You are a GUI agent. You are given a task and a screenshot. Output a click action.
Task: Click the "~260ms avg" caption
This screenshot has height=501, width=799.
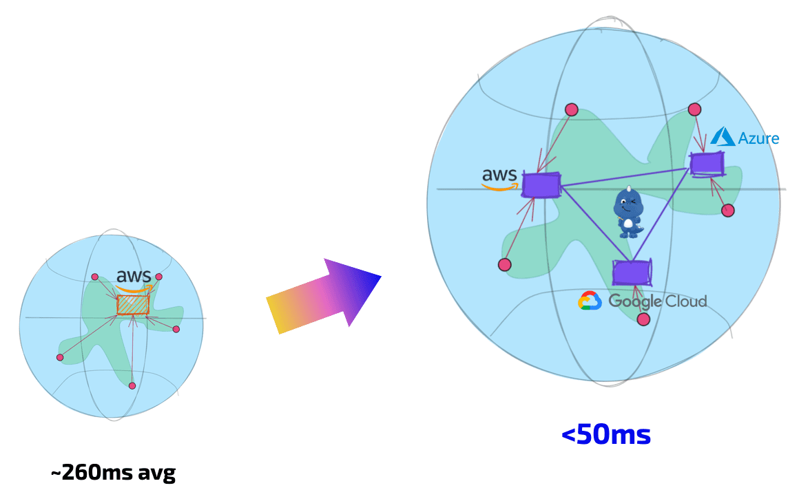coord(113,473)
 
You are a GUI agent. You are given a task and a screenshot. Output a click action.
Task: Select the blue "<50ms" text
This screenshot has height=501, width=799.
coord(606,435)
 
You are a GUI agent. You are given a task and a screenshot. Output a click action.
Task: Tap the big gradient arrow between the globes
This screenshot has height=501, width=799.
coord(322,296)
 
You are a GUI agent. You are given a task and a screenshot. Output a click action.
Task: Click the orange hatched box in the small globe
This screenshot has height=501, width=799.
coord(133,304)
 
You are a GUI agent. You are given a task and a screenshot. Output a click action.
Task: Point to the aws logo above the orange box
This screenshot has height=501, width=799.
coord(134,277)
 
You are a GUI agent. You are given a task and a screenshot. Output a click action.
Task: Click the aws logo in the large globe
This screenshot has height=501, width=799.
coord(501,178)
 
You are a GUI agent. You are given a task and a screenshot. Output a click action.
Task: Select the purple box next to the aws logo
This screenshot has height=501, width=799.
coord(541,185)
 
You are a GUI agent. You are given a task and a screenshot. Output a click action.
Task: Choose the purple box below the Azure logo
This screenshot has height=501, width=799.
coord(707,164)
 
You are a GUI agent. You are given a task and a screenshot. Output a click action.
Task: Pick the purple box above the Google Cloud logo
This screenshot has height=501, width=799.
coord(632,272)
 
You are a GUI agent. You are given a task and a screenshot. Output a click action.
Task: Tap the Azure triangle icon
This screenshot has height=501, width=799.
coord(723,136)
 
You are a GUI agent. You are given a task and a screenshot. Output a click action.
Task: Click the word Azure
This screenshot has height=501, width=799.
coord(758,138)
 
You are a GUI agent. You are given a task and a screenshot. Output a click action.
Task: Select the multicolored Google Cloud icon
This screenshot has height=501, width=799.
coord(590,301)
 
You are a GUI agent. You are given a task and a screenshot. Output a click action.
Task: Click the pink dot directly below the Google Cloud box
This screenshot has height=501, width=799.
coord(643,319)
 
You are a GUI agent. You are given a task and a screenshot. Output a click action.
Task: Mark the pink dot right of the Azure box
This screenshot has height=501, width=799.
coord(728,211)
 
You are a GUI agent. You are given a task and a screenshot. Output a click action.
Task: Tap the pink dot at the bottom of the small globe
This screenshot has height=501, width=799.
coord(132,385)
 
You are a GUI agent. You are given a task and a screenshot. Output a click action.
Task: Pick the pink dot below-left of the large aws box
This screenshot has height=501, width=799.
coord(504,264)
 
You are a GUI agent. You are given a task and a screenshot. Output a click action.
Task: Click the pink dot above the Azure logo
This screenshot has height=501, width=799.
coord(694,109)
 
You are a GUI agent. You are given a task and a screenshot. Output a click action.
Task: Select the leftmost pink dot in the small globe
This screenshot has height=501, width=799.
coord(60,357)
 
